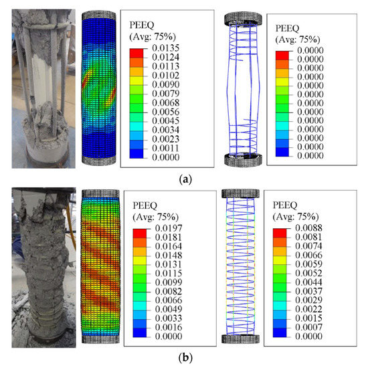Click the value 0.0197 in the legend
[x=159, y=234]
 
